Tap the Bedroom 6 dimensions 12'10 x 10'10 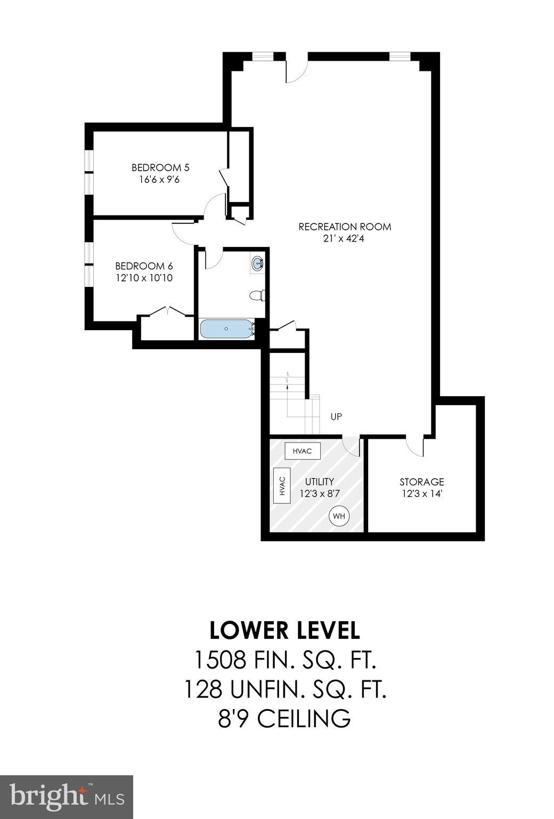(x=144, y=278)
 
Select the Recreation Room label (x=345, y=227)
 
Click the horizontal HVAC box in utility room (x=302, y=451)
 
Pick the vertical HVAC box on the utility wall (x=282, y=485)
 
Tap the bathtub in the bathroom (x=226, y=329)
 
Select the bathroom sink (x=258, y=263)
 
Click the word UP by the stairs (x=336, y=416)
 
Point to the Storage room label (x=422, y=482)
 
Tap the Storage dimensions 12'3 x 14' (x=422, y=494)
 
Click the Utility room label (x=320, y=482)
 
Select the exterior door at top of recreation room (x=297, y=68)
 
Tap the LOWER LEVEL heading (x=284, y=630)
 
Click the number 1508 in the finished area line (x=219, y=660)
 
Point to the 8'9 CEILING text (x=284, y=718)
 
